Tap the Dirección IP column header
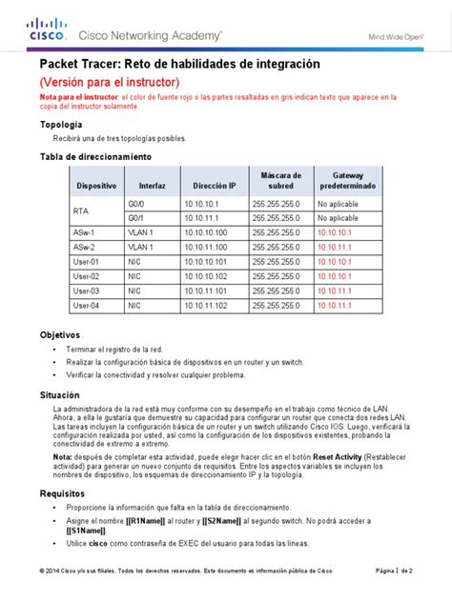pyautogui.click(x=213, y=185)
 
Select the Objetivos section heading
pyautogui.click(x=59, y=335)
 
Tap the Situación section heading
pyautogui.click(x=59, y=392)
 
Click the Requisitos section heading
pyautogui.click(x=62, y=493)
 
